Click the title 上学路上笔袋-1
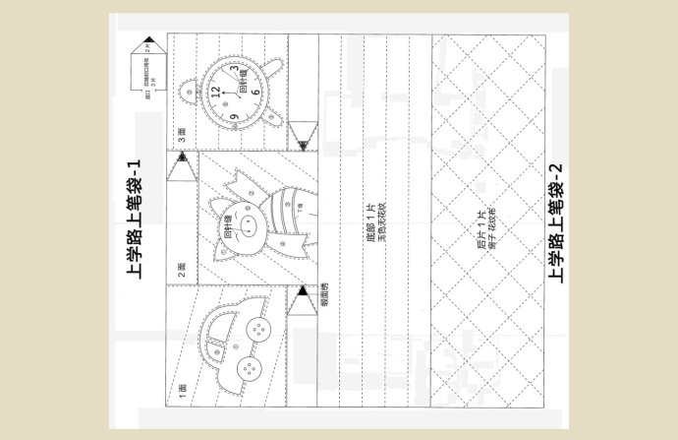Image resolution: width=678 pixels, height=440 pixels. point(136,219)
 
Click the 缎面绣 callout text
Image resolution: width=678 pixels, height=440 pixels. point(323,294)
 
